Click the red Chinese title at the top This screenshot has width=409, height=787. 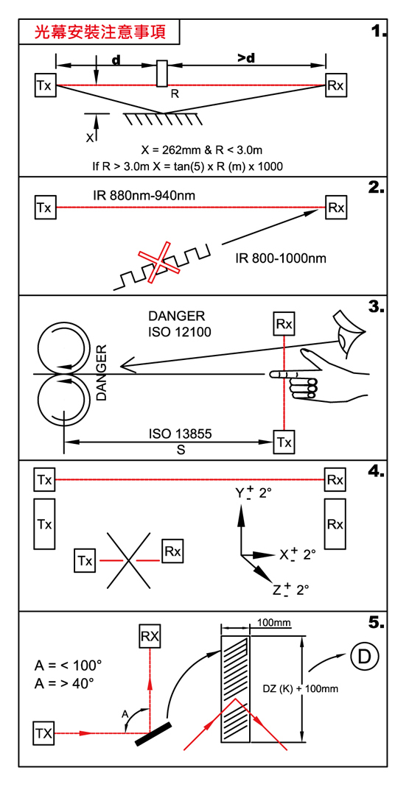[x=99, y=32]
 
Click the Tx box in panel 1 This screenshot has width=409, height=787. [x=45, y=85]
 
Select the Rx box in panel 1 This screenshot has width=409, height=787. [x=335, y=85]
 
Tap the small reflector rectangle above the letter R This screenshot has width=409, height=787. [x=162, y=74]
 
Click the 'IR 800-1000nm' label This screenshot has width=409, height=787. [x=280, y=259]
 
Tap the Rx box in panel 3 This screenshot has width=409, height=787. [x=284, y=324]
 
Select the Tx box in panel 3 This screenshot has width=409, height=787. [x=284, y=442]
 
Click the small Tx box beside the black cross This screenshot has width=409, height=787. [x=86, y=560]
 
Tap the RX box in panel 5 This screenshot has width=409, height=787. [x=150, y=637]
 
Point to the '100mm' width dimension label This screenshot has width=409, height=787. [x=274, y=623]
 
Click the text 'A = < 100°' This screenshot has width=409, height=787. [x=68, y=666]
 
